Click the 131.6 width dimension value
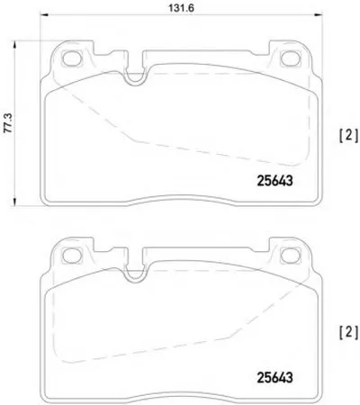pos(181,8)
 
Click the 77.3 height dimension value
pos(9,123)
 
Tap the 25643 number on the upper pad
pos(274,181)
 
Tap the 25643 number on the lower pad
pos(274,377)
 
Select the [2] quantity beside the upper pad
pos(348,136)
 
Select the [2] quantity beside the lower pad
pos(348,332)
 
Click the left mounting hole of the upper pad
pos(72,58)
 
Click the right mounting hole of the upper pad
pos(290,58)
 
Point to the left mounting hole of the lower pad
pos(72,255)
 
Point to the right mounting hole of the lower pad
pos(290,255)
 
